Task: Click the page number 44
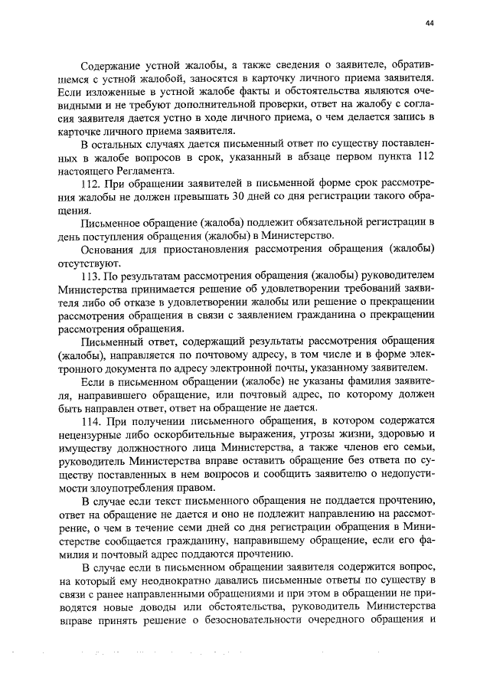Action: pos(430,24)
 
